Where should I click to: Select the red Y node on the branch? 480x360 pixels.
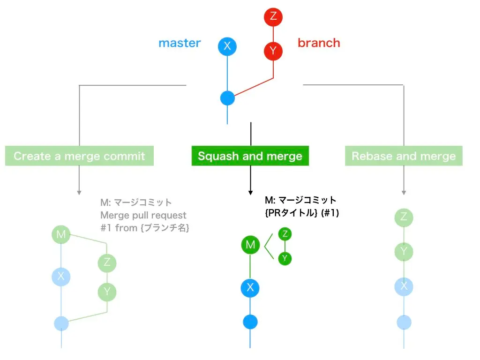coord(273,50)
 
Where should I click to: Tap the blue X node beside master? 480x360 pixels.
coord(227,46)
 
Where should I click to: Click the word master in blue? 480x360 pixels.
coord(180,43)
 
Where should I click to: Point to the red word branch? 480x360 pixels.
coord(319,43)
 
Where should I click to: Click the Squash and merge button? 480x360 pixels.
coord(250,156)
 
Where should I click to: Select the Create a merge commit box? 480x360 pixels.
coord(79,156)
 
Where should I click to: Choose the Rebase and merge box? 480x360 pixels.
coord(404,156)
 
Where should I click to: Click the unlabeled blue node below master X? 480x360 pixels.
coord(227,98)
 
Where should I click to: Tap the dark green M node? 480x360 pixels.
coord(250,244)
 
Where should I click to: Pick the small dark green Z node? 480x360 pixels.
coord(285,234)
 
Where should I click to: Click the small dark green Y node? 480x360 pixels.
coord(285,258)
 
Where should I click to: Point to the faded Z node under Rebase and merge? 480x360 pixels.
coord(404,217)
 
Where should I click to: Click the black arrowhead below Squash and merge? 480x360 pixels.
coord(251,192)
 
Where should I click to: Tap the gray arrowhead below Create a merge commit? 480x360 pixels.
coord(79,192)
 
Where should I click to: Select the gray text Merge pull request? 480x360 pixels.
coord(143,215)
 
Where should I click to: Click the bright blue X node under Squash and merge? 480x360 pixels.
coord(250,287)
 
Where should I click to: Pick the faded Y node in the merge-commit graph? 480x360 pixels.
coord(107,292)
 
